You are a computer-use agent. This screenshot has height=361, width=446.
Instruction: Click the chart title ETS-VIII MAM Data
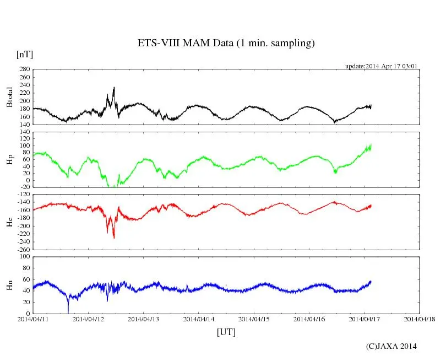(226, 44)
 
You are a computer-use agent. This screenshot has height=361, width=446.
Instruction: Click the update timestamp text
(381, 66)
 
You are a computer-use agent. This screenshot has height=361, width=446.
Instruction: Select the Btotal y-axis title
(9, 97)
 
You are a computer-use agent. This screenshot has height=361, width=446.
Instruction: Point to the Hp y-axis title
(9, 159)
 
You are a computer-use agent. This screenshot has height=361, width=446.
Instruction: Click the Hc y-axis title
(9, 222)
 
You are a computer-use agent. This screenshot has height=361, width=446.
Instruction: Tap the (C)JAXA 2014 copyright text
(391, 346)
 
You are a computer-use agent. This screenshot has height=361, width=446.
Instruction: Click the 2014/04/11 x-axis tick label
(33, 319)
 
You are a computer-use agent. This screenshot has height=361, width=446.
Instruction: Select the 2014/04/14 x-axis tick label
(199, 319)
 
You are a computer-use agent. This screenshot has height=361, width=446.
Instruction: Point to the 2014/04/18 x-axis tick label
(420, 319)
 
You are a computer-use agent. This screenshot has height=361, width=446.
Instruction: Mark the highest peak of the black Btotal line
(114, 87)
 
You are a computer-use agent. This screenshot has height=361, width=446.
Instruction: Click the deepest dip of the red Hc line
(114, 238)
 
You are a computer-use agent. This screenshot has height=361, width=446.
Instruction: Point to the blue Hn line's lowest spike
(68, 312)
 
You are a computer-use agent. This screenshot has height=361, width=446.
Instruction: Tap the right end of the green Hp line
(371, 147)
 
